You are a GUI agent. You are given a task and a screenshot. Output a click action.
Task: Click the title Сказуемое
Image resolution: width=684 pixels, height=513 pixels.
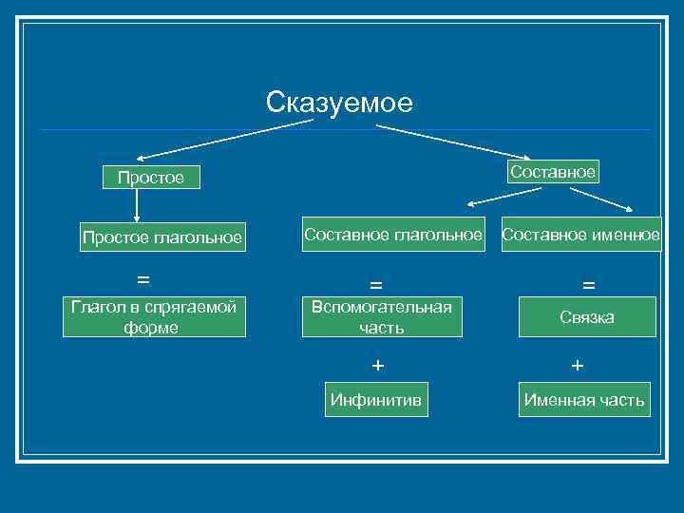coord(339,103)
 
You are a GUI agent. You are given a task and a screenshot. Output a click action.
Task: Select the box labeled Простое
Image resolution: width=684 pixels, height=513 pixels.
coord(151,178)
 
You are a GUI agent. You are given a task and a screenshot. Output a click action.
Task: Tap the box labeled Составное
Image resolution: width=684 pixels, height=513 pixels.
coord(552,172)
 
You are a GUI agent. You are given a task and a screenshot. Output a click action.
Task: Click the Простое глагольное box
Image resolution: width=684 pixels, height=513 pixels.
coord(161,237)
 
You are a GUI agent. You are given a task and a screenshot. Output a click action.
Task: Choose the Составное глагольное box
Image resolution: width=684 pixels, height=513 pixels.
coord(392,234)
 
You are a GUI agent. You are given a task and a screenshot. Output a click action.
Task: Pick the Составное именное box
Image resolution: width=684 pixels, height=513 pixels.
coord(580,234)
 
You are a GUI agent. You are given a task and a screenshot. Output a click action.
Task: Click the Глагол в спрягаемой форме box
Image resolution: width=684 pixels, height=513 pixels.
coord(154,317)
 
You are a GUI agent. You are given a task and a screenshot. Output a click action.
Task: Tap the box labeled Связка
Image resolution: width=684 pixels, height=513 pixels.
coord(586,317)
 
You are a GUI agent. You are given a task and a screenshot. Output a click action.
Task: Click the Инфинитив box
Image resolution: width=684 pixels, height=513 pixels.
coord(376,399)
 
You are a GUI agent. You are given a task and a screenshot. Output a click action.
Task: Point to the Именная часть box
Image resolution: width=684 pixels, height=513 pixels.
coord(584,400)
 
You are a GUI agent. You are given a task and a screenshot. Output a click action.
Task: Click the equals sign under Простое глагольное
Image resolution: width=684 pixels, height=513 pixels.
coord(142,279)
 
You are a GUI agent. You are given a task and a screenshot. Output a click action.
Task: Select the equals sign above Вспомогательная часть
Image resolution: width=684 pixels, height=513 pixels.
coord(376,285)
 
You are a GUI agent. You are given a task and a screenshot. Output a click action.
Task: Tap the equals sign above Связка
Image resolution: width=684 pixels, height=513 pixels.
coord(588,285)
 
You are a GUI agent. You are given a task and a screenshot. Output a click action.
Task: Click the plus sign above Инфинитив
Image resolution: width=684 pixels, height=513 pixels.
coord(378,365)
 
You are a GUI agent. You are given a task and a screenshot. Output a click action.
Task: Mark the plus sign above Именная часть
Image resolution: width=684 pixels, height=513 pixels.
coord(578,365)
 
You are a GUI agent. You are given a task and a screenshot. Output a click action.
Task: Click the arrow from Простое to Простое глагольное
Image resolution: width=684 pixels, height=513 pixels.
coord(137,206)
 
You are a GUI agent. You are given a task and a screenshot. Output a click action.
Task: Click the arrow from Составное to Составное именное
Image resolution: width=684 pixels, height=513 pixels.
coord(602,198)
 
